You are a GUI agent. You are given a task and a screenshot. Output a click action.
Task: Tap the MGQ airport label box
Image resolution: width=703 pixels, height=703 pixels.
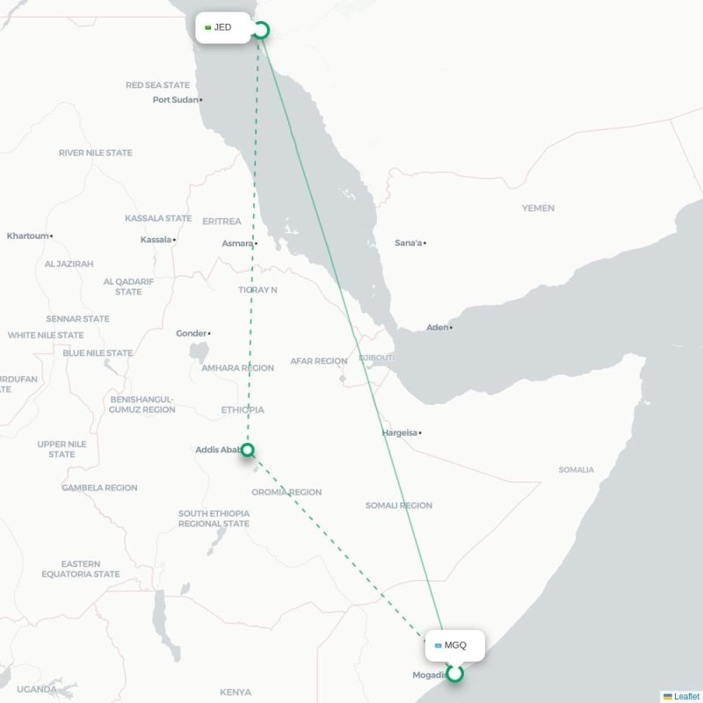point(453,645)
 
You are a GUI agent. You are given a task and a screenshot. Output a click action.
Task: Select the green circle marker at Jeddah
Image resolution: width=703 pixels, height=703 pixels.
point(260,31)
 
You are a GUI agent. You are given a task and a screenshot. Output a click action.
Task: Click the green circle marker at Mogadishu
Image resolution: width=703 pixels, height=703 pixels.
point(454,674)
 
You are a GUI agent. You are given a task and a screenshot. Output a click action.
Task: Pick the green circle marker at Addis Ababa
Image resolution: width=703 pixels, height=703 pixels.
point(248,450)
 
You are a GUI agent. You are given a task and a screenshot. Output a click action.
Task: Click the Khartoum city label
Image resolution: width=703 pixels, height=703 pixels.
point(28,236)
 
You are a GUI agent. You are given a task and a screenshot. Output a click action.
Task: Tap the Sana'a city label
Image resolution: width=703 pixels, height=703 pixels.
point(409,243)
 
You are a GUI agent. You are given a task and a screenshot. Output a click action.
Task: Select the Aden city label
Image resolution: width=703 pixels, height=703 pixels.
point(437,327)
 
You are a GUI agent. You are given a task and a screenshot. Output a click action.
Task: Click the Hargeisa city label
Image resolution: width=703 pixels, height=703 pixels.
point(401,432)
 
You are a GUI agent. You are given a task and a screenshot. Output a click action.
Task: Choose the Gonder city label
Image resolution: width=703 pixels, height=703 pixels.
point(191,333)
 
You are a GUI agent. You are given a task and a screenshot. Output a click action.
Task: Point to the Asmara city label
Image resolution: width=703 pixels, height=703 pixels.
point(237,243)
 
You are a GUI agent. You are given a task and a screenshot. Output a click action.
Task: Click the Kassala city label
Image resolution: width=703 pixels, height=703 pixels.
point(156,239)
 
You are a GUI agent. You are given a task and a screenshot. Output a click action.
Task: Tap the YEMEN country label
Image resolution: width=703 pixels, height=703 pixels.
point(538,208)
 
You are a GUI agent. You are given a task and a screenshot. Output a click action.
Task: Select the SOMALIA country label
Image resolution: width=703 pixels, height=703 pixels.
point(576,469)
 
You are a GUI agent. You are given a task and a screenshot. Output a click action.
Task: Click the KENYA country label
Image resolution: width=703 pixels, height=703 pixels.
point(236,692)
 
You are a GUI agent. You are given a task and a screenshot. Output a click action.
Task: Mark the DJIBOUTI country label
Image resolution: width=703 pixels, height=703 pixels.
point(377,358)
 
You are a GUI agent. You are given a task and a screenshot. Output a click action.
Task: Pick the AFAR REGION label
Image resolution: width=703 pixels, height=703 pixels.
point(319,361)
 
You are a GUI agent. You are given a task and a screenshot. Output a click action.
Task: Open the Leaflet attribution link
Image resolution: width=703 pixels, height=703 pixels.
point(686,696)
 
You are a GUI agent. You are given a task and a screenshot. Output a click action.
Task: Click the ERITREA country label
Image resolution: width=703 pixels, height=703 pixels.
point(221,221)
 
